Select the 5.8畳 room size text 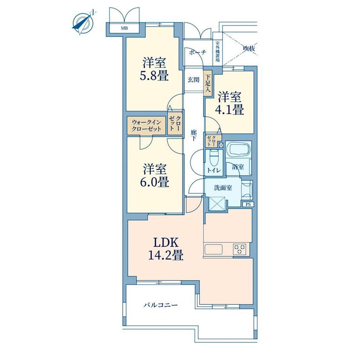154,75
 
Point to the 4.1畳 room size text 229,109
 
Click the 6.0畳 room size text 155,182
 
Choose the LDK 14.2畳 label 166,248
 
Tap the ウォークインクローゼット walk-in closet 146,126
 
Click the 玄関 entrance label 194,80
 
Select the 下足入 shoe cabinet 208,83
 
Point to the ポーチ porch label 198,52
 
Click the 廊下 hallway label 194,135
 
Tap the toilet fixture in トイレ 213,158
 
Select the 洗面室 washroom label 223,188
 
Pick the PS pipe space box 248,204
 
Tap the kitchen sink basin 214,249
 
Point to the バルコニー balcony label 161,305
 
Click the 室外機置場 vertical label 218,52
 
